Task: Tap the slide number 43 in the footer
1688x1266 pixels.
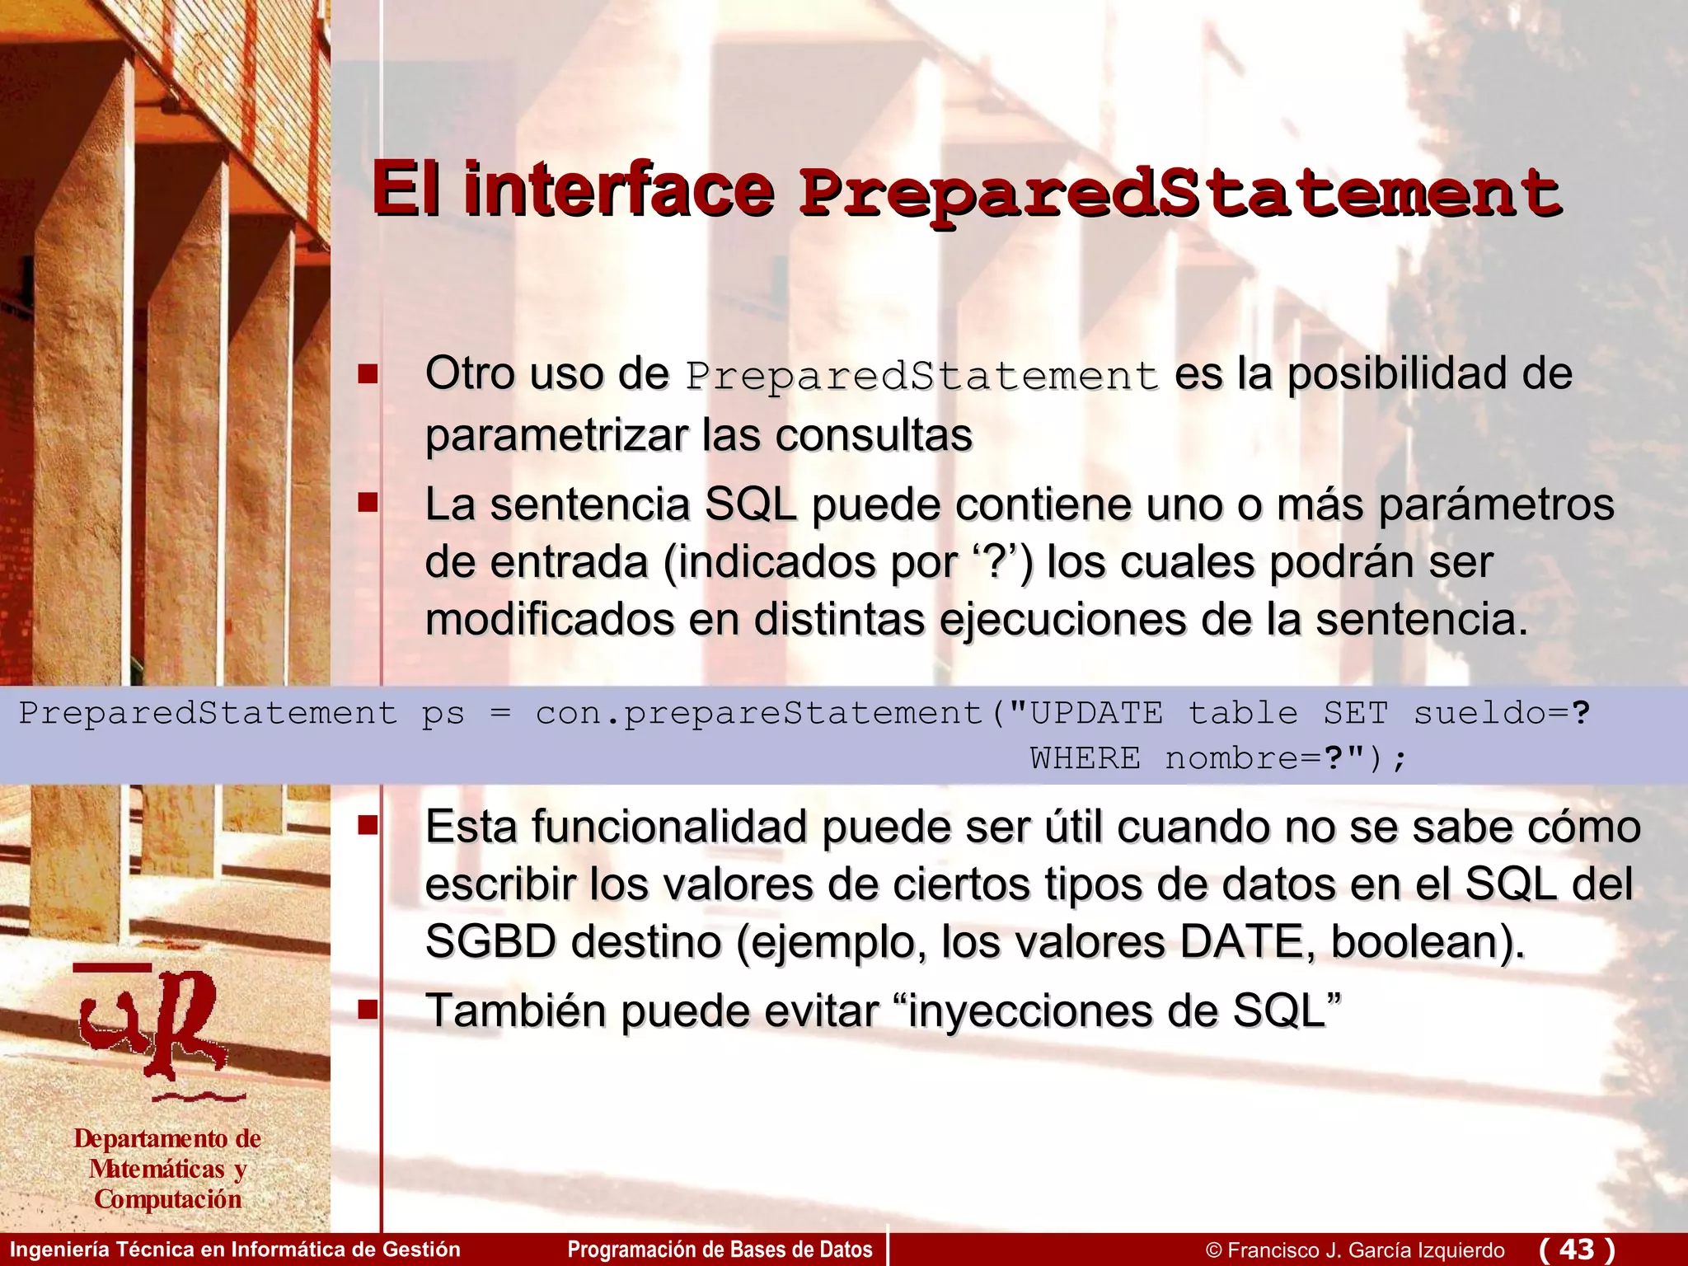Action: coord(1577,1249)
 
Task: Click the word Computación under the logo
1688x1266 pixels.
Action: coord(168,1199)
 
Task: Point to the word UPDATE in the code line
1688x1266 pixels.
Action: coord(1096,713)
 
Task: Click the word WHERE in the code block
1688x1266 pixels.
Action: coord(1085,758)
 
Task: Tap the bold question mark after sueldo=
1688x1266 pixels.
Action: coord(1580,713)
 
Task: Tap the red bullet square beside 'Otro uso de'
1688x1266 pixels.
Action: coord(368,375)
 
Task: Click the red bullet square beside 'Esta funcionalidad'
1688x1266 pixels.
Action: coord(368,825)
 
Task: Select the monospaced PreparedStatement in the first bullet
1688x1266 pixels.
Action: coord(921,376)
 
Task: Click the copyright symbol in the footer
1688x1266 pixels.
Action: coord(1213,1250)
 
